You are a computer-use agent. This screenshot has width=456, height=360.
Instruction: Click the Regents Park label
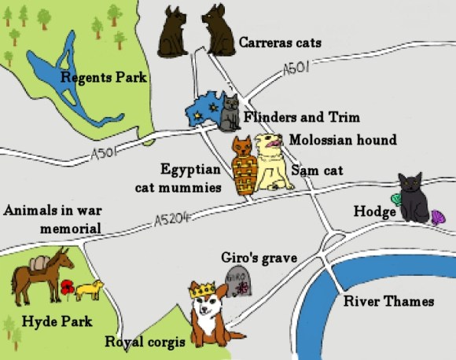[105, 77]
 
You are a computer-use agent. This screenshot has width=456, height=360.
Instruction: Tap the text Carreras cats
[280, 42]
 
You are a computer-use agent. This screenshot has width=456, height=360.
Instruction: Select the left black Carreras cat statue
[171, 33]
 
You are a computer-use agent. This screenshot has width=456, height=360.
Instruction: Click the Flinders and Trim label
[301, 117]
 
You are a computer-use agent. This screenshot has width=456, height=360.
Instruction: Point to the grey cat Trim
[230, 113]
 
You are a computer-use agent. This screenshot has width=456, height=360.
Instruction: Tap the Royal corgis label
[145, 343]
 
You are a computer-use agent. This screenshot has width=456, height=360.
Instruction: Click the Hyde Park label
[57, 321]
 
